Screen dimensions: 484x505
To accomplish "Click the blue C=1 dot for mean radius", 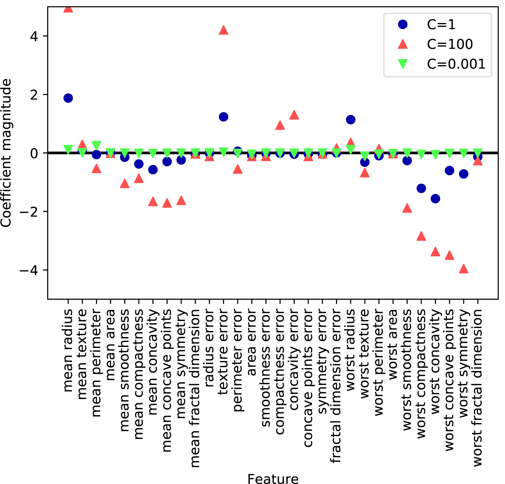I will [x=68, y=98].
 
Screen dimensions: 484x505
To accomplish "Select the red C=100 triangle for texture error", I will [x=224, y=30].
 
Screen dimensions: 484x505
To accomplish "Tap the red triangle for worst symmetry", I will [x=464, y=269].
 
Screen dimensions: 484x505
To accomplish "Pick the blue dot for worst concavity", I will [x=435, y=199].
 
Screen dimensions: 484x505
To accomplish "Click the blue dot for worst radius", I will [x=351, y=120].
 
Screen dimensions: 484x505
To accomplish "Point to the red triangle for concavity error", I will [x=294, y=115].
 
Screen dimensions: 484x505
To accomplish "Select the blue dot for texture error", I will [x=224, y=117].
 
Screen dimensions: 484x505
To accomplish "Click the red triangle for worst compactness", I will [x=421, y=236].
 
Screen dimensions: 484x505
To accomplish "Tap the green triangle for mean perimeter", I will [x=96, y=145].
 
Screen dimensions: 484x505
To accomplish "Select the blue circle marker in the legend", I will [x=403, y=25].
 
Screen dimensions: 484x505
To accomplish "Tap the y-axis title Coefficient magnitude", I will [x=6, y=153].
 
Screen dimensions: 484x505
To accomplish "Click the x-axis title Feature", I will [x=273, y=479].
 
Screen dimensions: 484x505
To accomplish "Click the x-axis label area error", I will [x=252, y=342].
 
